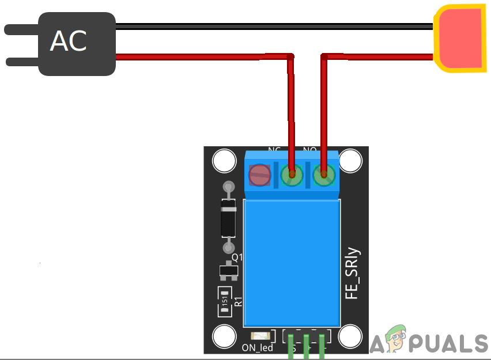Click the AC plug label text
69,41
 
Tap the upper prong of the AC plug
21,28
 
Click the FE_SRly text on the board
352,273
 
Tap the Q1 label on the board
237,257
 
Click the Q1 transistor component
228,271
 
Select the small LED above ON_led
260,335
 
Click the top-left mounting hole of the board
224,161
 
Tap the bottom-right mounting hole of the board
350,336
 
